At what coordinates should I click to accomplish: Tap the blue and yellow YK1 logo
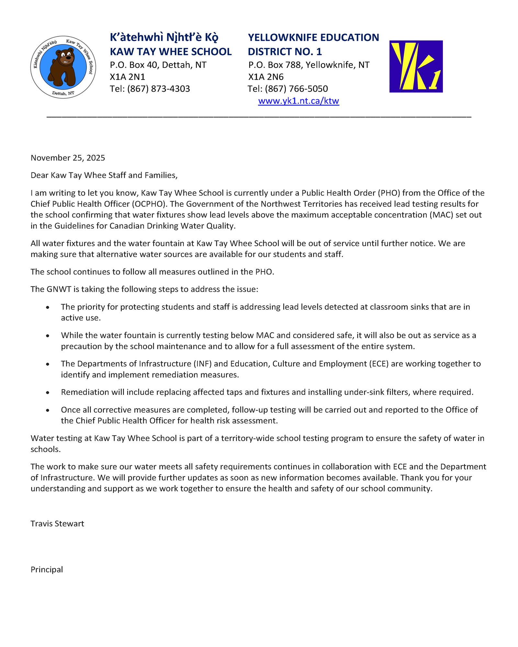click(416, 66)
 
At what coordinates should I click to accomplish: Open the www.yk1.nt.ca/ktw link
click(298, 101)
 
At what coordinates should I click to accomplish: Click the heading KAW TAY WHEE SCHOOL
click(171, 52)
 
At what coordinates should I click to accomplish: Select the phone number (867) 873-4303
click(158, 89)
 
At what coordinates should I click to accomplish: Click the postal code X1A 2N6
click(266, 77)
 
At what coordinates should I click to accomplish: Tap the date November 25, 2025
click(68, 158)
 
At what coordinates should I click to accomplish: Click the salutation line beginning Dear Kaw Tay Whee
click(104, 175)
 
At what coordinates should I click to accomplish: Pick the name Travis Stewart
click(57, 524)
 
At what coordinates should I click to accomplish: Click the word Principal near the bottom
click(47, 570)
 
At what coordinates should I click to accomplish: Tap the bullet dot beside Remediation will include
click(48, 393)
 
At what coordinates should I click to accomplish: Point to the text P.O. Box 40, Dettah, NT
click(158, 65)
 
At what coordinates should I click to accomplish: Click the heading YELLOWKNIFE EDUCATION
click(313, 38)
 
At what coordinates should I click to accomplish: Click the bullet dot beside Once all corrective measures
click(48, 410)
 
